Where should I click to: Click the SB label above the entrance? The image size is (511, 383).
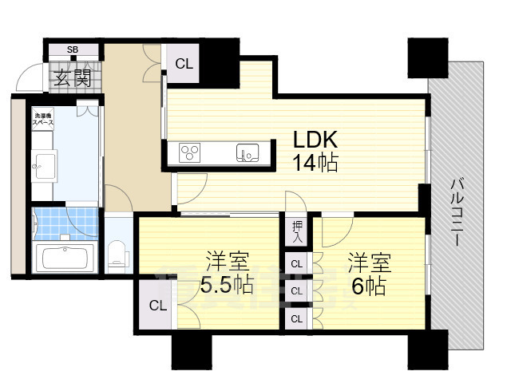[x=72, y=49]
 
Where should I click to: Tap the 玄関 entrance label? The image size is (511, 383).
[x=73, y=78]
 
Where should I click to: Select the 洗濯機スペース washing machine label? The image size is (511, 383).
[x=43, y=121]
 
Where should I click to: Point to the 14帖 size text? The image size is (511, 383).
[x=315, y=164]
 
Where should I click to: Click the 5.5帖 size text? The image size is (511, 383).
[x=228, y=285]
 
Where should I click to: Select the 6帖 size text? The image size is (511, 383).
[x=367, y=285]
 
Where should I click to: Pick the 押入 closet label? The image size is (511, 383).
[x=296, y=232]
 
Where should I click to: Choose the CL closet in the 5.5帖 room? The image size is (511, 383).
[x=156, y=305]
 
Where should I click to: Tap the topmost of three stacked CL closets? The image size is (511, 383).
[x=296, y=263]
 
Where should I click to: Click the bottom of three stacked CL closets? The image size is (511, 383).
[x=296, y=318]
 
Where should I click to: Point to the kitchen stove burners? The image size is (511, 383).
[x=192, y=152]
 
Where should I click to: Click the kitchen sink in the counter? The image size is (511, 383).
[x=244, y=152]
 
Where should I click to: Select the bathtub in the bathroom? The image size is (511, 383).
[x=65, y=259]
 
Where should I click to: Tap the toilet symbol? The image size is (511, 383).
[x=118, y=254]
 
